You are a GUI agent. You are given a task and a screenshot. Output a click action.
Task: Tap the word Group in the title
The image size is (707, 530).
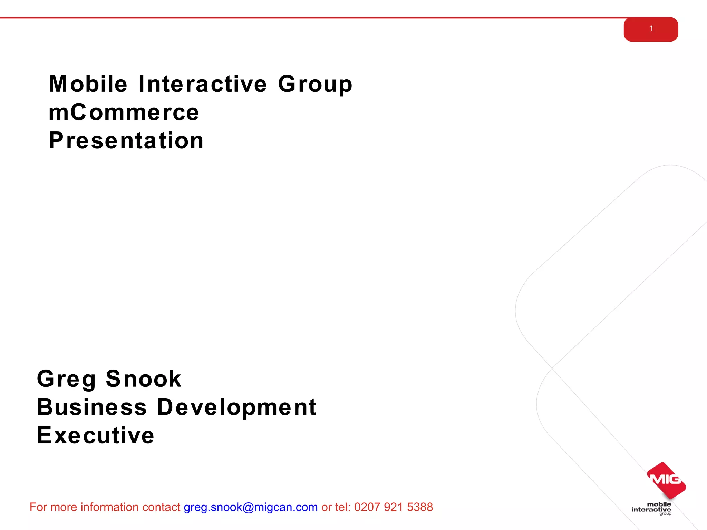(315, 85)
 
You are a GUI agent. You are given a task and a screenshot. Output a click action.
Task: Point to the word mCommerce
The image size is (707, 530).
(124, 112)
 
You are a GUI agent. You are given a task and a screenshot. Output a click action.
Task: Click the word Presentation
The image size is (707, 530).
(126, 141)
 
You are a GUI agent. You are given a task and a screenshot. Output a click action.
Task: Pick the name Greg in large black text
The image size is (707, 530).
(66, 379)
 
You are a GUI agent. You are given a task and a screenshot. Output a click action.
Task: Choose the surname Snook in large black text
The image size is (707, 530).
(144, 379)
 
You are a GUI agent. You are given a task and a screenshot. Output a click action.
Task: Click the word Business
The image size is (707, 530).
(92, 407)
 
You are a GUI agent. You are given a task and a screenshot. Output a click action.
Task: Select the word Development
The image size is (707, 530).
(237, 407)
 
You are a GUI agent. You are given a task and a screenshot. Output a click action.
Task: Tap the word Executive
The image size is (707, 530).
(96, 435)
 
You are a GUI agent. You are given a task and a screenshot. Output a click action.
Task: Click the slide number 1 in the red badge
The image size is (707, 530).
(651, 29)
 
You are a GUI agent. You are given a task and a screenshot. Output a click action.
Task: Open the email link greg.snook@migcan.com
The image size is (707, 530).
(251, 507)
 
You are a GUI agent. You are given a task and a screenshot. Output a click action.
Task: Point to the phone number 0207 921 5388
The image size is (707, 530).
(394, 507)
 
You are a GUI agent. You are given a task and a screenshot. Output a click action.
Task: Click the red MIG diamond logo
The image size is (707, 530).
(666, 480)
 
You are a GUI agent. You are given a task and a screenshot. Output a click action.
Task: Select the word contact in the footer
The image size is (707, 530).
(161, 507)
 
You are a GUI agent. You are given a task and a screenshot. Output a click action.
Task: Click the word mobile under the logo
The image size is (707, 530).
(659, 504)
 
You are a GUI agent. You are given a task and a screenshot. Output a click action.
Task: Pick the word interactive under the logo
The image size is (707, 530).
(651, 509)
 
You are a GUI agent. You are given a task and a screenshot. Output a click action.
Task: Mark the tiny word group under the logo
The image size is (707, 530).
(665, 514)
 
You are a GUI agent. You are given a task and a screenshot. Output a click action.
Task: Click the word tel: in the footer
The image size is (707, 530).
(343, 507)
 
